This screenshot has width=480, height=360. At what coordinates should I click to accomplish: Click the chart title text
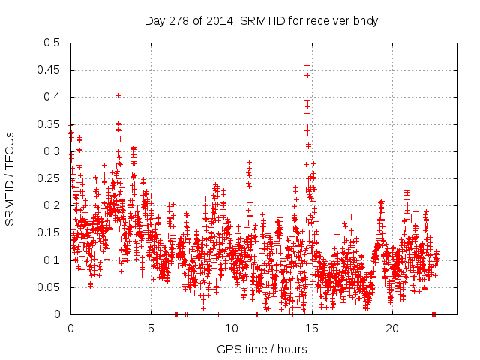click(x=260, y=21)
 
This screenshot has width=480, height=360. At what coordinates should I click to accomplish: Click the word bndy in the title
click(x=365, y=21)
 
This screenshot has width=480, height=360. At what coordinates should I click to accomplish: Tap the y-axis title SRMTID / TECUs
click(x=10, y=178)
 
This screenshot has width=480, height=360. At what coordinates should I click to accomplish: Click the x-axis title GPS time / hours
click(x=261, y=349)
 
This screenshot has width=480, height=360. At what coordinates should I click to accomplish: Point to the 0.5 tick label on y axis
click(x=52, y=43)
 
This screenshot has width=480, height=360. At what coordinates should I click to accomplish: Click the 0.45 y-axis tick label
click(x=49, y=70)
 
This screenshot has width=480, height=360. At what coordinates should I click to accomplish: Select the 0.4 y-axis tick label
click(x=52, y=97)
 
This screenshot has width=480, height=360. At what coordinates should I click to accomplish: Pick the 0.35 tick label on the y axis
click(x=49, y=124)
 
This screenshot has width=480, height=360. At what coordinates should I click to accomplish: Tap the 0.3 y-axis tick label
click(x=52, y=151)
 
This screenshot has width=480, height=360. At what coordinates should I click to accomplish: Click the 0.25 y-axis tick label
click(x=49, y=178)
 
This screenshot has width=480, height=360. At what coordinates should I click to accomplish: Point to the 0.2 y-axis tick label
click(x=52, y=205)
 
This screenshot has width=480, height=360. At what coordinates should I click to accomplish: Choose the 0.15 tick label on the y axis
click(x=49, y=233)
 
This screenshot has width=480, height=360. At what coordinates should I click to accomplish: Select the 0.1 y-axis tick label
click(x=52, y=260)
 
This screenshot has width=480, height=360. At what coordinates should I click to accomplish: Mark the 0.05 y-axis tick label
click(x=49, y=287)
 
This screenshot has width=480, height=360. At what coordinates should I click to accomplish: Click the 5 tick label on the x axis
click(x=151, y=328)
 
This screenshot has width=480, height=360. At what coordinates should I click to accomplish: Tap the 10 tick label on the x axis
click(x=231, y=328)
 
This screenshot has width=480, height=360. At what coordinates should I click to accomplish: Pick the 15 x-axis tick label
click(x=311, y=328)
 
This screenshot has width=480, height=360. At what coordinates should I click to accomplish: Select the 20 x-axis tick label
click(x=391, y=328)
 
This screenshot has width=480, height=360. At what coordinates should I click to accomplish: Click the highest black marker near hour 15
click(x=307, y=66)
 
